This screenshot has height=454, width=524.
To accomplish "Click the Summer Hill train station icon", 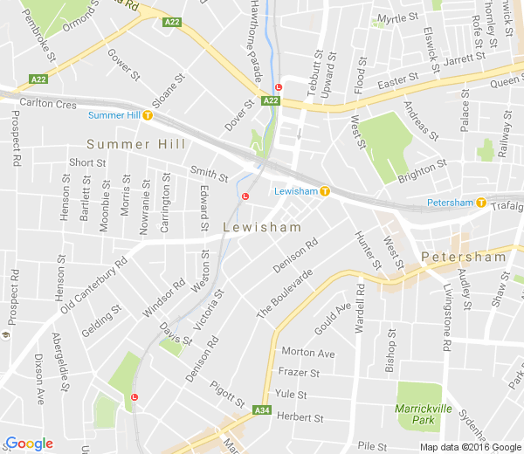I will (x=148, y=114).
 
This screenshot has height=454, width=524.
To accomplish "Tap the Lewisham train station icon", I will (x=325, y=191).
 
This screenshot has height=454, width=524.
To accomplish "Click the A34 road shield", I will (x=262, y=409).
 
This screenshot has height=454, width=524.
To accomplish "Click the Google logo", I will (x=29, y=444).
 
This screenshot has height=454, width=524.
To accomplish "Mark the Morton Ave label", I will (x=308, y=353).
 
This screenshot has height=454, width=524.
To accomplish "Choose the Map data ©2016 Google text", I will (x=469, y=446).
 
